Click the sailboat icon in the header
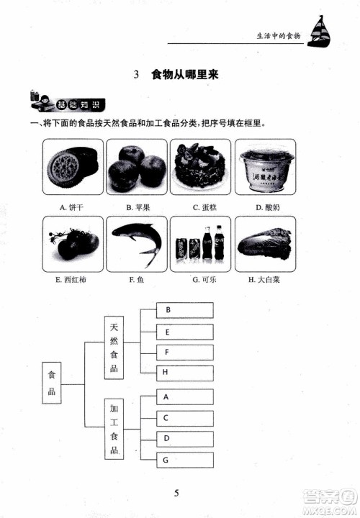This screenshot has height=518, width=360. (317, 35)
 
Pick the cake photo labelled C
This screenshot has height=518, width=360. (200, 167)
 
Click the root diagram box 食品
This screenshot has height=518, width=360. (50, 385)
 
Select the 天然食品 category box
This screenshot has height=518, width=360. (114, 347)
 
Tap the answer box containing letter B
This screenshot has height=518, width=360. (185, 310)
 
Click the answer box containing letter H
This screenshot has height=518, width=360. (185, 373)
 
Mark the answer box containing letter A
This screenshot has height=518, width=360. (185, 396)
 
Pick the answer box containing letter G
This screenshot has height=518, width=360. (185, 459)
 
